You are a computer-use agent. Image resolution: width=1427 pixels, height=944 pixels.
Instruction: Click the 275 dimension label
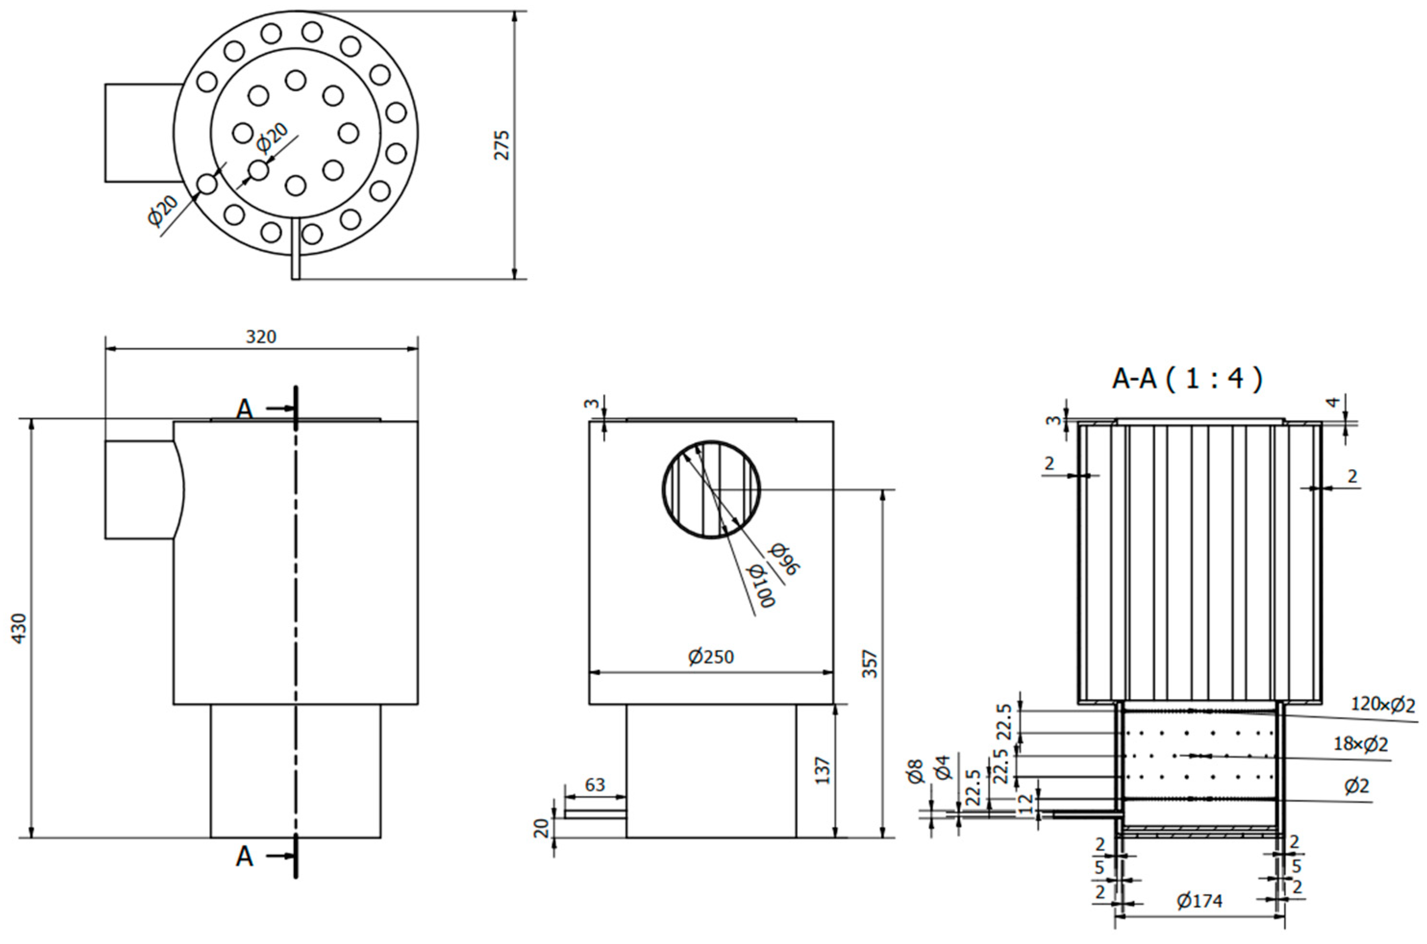click(x=501, y=145)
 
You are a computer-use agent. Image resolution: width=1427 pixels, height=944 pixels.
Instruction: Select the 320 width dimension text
click(x=261, y=336)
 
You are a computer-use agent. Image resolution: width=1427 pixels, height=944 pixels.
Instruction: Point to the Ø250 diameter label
click(x=711, y=656)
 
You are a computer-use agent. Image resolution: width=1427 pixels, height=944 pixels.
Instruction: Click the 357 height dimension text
click(x=869, y=663)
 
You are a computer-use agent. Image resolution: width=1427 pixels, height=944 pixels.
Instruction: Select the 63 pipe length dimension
click(x=595, y=785)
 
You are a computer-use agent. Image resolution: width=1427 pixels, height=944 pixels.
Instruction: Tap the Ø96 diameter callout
click(x=785, y=559)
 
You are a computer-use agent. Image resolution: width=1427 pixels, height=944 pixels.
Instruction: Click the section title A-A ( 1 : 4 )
click(x=1186, y=379)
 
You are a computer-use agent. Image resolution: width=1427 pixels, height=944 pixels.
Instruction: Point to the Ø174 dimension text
click(x=1200, y=918)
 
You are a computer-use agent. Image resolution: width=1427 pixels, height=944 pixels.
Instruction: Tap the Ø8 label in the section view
click(x=915, y=771)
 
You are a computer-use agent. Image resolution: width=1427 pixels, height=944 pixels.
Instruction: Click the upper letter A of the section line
click(x=244, y=410)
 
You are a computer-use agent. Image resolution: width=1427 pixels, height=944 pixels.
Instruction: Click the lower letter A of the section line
click(x=244, y=856)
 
